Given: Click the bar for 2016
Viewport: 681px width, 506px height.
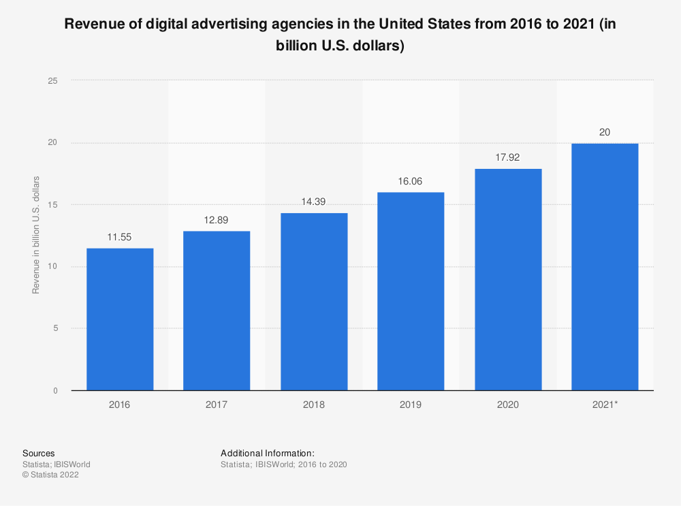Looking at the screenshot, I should click(120, 319).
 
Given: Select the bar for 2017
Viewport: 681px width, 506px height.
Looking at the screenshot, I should click(217, 311).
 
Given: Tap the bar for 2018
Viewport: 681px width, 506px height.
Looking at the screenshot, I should click(314, 302).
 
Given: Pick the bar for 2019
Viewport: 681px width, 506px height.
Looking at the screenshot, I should click(411, 291).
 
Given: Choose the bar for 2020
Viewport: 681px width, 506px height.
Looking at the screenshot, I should click(508, 279).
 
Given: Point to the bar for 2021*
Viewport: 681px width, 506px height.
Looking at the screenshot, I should click(605, 267).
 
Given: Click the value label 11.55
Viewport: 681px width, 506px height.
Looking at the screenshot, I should click(120, 238).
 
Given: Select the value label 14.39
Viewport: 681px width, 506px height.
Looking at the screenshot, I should click(314, 202).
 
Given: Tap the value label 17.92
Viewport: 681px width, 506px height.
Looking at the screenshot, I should click(508, 158).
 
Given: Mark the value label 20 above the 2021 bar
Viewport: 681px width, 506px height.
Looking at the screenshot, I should click(605, 132).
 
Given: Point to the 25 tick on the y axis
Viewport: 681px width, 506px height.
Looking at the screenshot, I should click(53, 80).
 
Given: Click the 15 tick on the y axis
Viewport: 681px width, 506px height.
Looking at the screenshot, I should click(53, 204).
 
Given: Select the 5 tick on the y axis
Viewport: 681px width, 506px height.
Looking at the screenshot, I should click(55, 328).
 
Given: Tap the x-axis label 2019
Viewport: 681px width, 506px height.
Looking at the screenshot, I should click(411, 405).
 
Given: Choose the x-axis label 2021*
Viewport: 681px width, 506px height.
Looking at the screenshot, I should click(605, 405).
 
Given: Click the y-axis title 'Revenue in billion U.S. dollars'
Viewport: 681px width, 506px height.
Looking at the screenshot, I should click(36, 235).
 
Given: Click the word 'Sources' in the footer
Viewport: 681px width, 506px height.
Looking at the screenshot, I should click(39, 453).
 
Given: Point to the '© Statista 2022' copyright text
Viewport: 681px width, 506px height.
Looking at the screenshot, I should click(50, 475).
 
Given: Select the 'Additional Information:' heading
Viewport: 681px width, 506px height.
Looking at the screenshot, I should click(267, 453).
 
